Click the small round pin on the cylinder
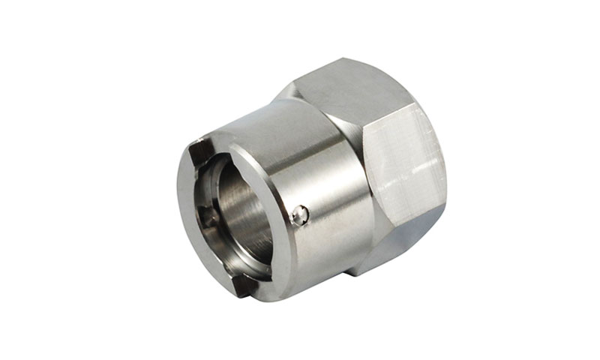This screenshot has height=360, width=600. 299,215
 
